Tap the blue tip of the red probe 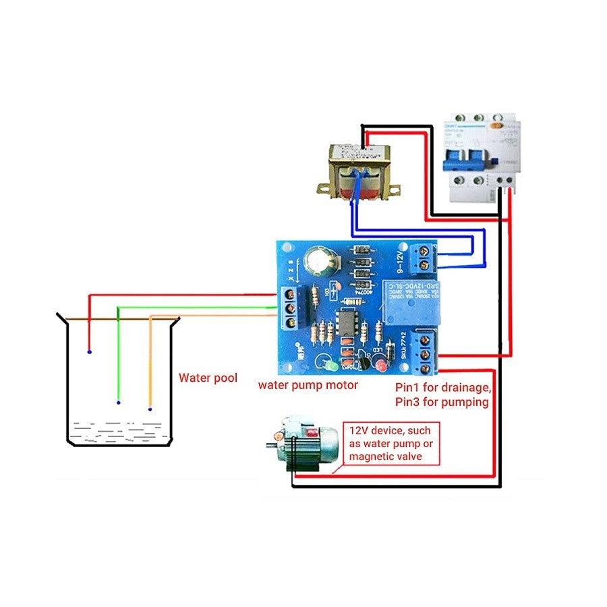tap(90, 352)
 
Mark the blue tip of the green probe tap(119, 403)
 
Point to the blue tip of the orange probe tap(150, 409)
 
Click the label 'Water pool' tap(208, 378)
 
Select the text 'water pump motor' tap(308, 385)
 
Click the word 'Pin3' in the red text tap(407, 402)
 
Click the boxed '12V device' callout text tap(393, 443)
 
